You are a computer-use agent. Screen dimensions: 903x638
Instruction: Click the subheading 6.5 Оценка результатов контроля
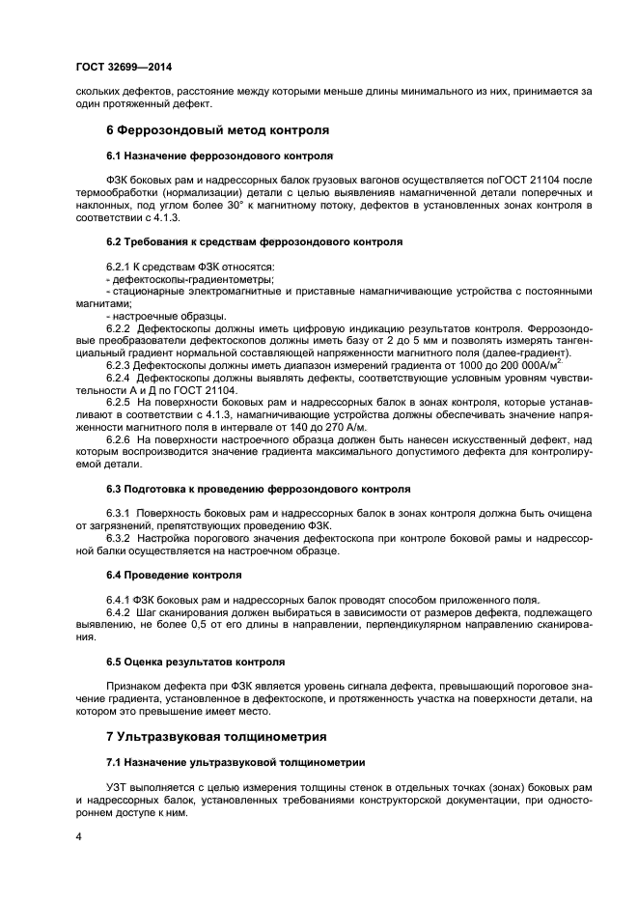195,663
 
